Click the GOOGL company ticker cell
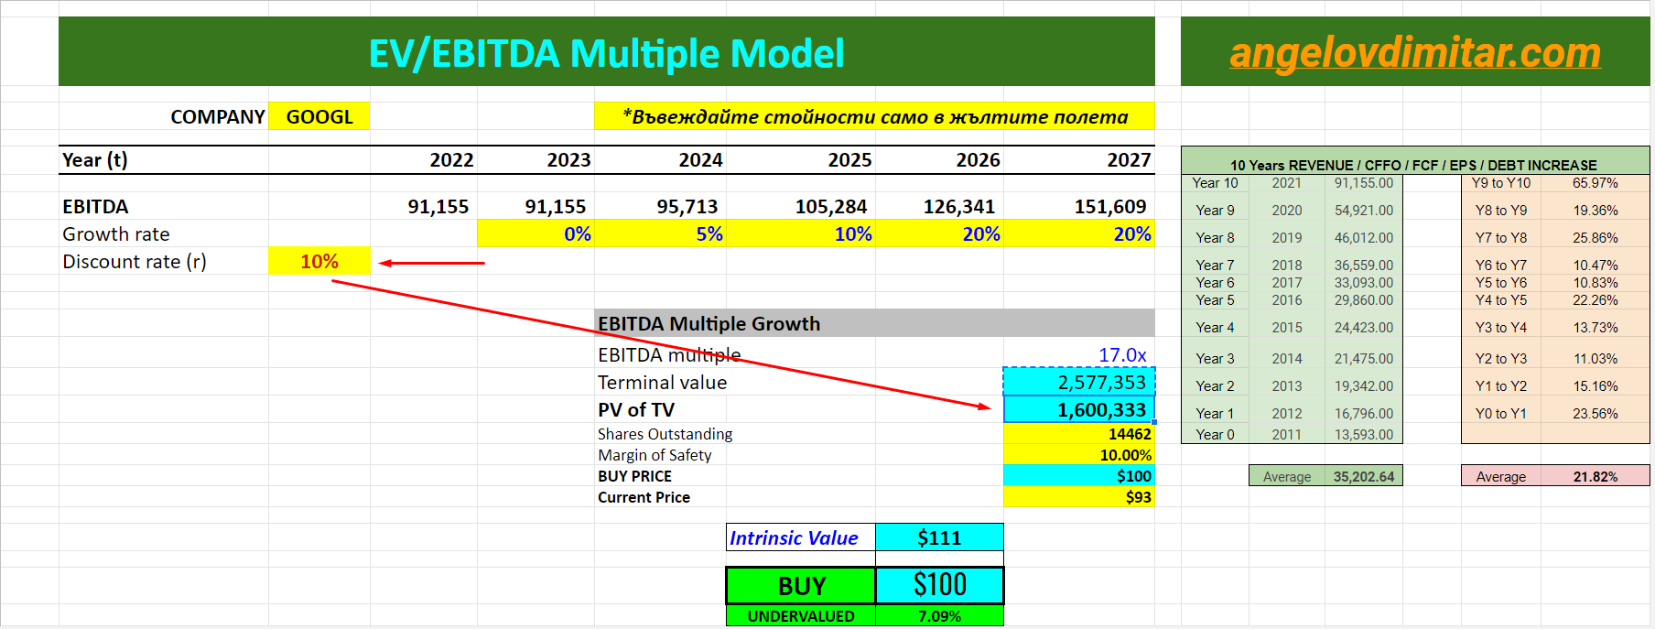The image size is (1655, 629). (x=319, y=117)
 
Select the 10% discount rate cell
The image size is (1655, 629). (x=319, y=262)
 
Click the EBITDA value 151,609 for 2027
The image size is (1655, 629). (x=1109, y=207)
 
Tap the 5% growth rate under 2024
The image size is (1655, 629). (x=709, y=234)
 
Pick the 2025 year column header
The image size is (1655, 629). (x=849, y=160)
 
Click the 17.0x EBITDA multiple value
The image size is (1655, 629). (x=1121, y=355)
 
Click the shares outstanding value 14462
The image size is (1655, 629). (x=1129, y=434)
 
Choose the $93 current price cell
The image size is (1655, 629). (x=1138, y=497)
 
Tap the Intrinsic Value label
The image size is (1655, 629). (x=794, y=538)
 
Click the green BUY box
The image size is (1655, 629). (x=801, y=586)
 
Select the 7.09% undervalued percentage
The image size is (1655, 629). (x=939, y=616)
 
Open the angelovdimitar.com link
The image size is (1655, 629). (x=1414, y=53)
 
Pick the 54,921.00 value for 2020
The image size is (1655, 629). (x=1363, y=211)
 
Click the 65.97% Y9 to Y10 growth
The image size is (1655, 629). (x=1595, y=183)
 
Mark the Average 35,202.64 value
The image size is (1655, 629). (x=1363, y=477)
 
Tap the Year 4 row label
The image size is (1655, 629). (x=1215, y=328)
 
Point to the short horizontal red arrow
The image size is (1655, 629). (x=431, y=263)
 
